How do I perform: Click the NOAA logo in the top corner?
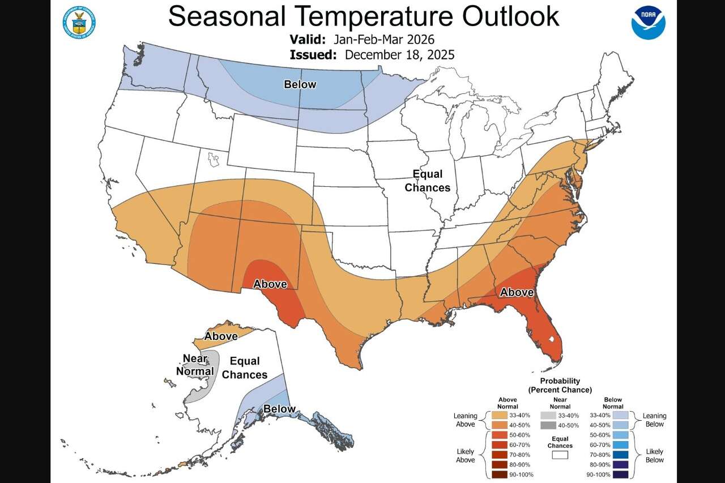click(x=649, y=23)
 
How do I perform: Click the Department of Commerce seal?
click(x=79, y=23)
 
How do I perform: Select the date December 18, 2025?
click(x=399, y=55)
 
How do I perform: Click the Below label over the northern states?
click(x=300, y=84)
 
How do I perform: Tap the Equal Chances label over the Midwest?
click(x=427, y=181)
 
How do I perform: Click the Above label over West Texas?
click(x=270, y=284)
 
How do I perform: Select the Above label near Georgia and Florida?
click(x=516, y=292)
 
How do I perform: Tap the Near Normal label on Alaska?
click(x=198, y=365)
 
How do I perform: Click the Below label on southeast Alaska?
click(x=279, y=409)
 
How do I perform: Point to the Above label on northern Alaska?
click(x=221, y=336)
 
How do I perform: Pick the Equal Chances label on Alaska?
click(x=245, y=367)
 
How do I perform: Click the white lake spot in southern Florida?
click(x=551, y=340)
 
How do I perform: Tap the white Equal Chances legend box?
click(x=560, y=454)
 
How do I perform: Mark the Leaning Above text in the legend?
click(x=465, y=420)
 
